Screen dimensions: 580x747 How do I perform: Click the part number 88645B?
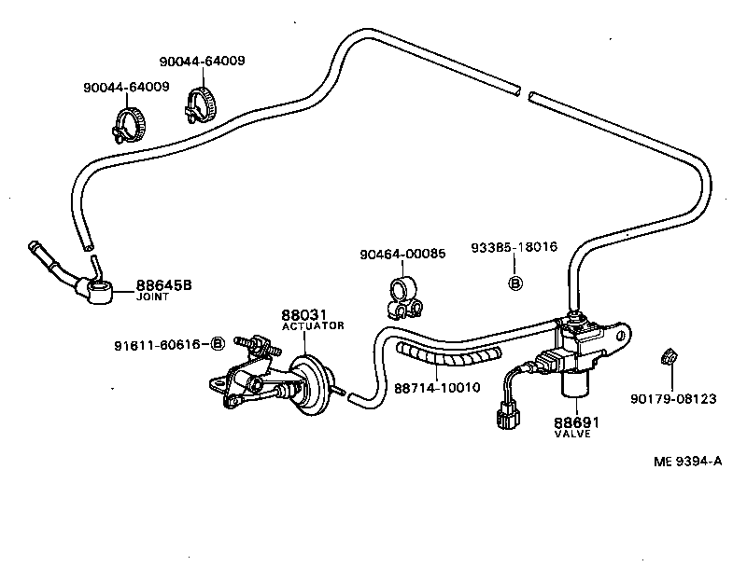(163, 284)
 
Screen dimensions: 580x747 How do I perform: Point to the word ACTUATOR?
(313, 326)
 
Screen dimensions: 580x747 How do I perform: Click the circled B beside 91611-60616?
(218, 344)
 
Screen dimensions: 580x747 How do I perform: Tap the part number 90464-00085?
(402, 254)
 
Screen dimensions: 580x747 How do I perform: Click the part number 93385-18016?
(515, 247)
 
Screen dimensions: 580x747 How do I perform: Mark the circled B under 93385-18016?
(514, 282)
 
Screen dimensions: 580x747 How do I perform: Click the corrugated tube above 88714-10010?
(446, 355)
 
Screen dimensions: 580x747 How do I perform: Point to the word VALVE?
(572, 435)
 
